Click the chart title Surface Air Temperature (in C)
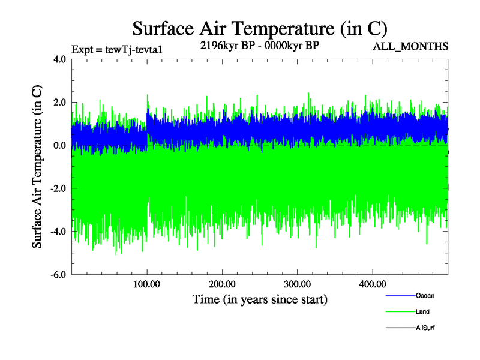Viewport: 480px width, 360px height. [260, 29]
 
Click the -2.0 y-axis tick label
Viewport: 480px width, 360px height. [58, 189]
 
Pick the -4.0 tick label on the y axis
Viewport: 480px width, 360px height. [58, 232]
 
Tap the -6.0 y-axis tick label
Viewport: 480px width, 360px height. [58, 275]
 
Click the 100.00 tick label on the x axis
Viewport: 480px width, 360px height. [147, 284]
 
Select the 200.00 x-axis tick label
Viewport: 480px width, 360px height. [222, 284]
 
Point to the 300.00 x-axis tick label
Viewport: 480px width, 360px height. [297, 284]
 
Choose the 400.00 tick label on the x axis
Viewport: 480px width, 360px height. [372, 284]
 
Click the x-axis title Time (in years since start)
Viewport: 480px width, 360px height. [260, 299]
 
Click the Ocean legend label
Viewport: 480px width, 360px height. [425, 295]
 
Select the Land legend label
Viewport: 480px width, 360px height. [422, 312]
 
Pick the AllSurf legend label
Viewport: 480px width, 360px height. [425, 328]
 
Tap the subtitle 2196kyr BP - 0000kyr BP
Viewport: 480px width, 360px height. [260, 45]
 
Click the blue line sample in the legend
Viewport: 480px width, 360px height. [399, 295]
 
